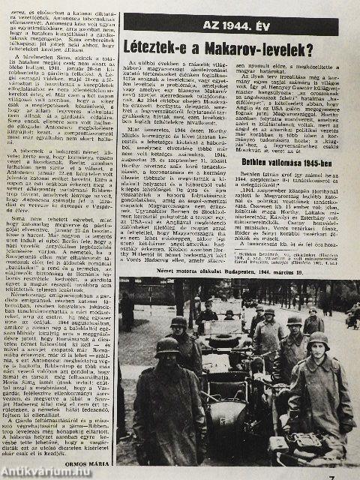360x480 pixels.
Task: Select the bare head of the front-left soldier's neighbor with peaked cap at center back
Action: [x=229, y=314]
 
